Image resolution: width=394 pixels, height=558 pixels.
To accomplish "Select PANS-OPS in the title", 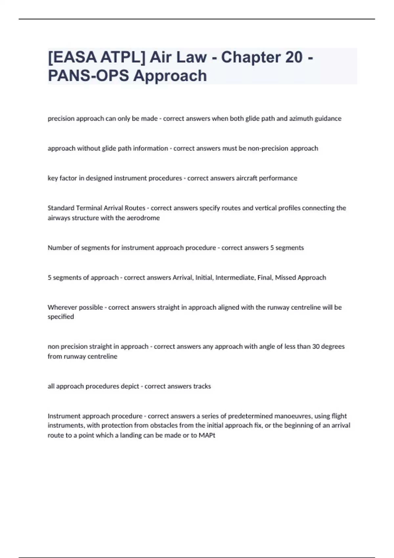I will click(x=88, y=76).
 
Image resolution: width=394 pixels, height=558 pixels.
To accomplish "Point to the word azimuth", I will click(x=301, y=118).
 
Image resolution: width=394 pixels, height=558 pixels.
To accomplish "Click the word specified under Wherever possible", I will click(x=61, y=317).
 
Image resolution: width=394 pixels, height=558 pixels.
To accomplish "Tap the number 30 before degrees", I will click(x=316, y=347).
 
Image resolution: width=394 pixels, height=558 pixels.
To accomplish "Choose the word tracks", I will click(x=202, y=386).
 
